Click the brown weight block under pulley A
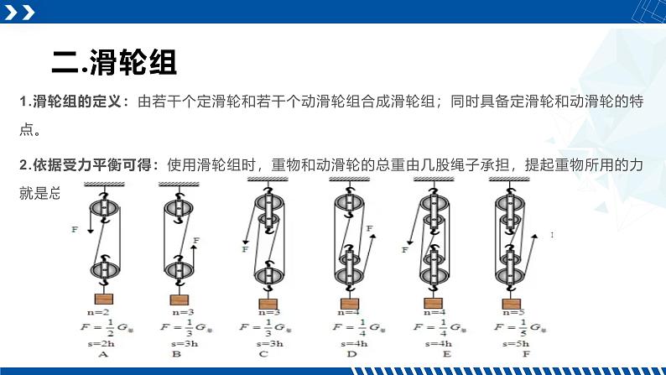click(103, 299)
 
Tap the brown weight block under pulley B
click(180, 299)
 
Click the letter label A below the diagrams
click(102, 354)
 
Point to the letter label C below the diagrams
click(267, 354)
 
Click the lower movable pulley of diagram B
click(180, 271)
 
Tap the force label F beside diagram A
click(75, 228)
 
